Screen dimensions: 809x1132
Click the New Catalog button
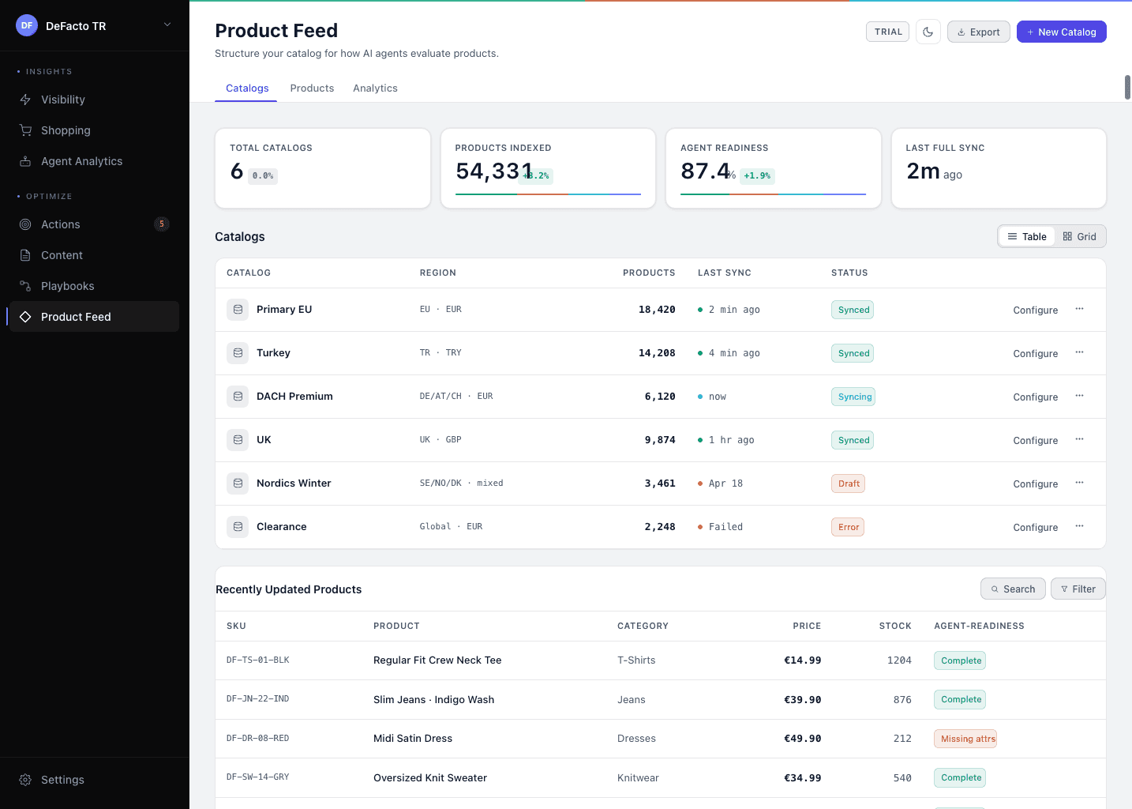[1061, 32]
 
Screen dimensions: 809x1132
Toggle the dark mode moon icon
[928, 32]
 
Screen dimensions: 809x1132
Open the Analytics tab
[375, 88]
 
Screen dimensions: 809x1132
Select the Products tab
[312, 88]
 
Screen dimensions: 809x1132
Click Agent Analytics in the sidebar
[81, 161]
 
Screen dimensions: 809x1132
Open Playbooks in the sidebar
[67, 286]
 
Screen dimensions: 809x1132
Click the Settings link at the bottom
[62, 780]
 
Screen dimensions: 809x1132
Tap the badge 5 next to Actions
[162, 224]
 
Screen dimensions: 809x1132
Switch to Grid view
[1079, 237]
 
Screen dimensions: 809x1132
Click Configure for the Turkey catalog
[1035, 354]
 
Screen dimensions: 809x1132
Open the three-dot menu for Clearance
[1079, 526]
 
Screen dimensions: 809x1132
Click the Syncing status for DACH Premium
[854, 397]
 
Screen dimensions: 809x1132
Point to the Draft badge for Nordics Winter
[849, 484]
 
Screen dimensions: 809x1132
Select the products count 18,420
[656, 310]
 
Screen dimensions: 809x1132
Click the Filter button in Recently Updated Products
[1078, 589]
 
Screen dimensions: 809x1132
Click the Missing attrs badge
[967, 739]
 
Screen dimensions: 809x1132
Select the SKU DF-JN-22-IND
[257, 699]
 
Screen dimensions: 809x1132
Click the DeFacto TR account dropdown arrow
[167, 25]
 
